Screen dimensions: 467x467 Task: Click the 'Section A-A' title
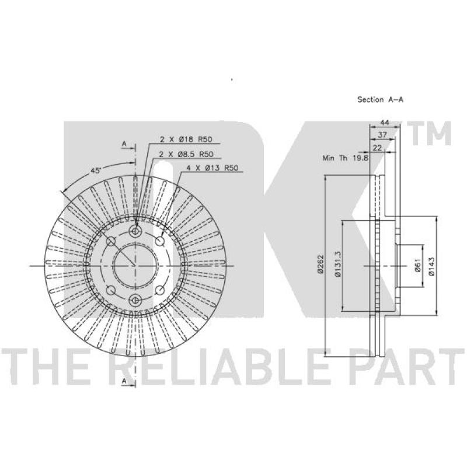tap(380, 100)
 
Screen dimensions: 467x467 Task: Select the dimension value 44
tap(384, 123)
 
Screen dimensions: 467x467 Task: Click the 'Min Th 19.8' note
tap(343, 158)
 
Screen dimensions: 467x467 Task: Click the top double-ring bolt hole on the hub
tap(135, 232)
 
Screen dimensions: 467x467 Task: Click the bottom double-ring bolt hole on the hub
tap(135, 300)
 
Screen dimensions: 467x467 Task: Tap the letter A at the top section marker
tap(124, 143)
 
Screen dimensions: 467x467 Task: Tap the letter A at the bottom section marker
tap(124, 381)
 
